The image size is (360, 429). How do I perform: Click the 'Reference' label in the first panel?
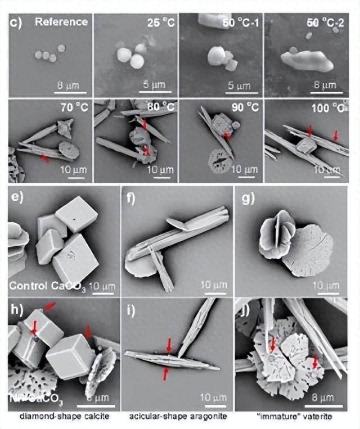[x=61, y=22]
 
